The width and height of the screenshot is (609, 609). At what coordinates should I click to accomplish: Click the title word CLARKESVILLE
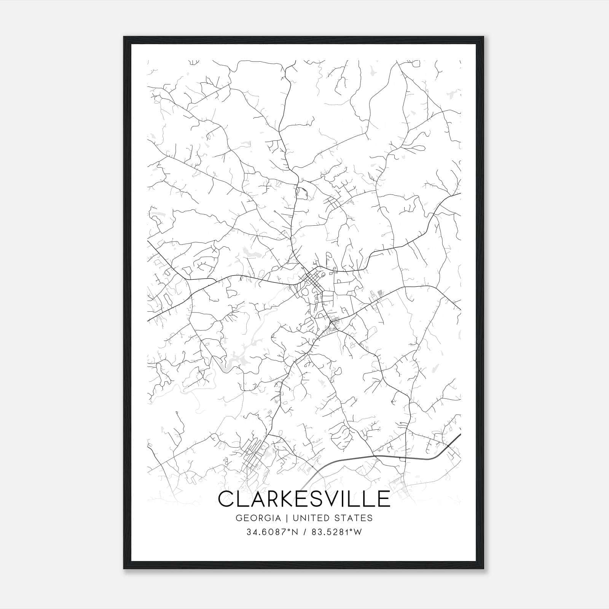pyautogui.click(x=304, y=499)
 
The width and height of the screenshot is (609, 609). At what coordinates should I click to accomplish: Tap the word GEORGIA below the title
pyautogui.click(x=258, y=518)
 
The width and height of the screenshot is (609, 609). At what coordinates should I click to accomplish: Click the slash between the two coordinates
pyautogui.click(x=305, y=532)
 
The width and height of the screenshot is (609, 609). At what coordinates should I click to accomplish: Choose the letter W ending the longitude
pyautogui.click(x=357, y=532)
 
